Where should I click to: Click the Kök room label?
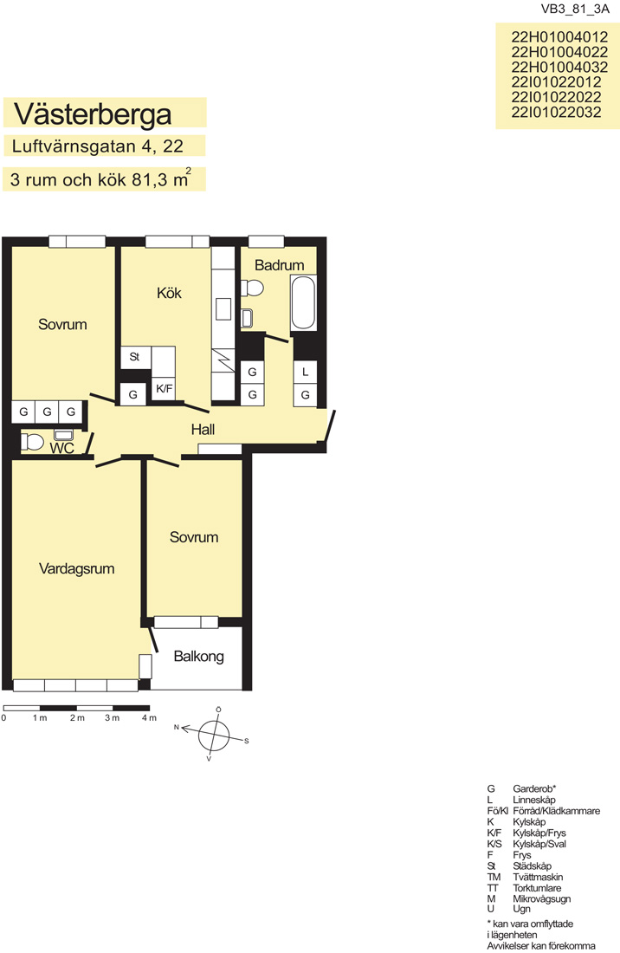pos(169,293)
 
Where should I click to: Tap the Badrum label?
pos(280,265)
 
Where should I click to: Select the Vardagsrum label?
pos(76,569)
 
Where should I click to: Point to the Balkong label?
pos(198,657)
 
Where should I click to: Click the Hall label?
pos(203,430)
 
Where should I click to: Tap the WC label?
pos(62,449)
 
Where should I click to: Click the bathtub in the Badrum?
pos(303,302)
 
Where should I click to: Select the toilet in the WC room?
pos(32,441)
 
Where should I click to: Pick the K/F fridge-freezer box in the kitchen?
pos(164,389)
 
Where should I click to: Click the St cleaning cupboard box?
pos(135,357)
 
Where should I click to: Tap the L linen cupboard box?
pos(306,372)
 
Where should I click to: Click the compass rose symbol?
pos(214,734)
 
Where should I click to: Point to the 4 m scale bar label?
pos(149,718)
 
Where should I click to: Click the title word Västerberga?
pos(93,113)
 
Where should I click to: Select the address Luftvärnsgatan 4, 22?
pos(97,146)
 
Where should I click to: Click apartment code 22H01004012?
pos(559,37)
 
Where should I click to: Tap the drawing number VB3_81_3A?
pos(575,10)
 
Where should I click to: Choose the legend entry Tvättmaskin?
pos(538,877)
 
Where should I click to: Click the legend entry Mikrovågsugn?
pos(541,899)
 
